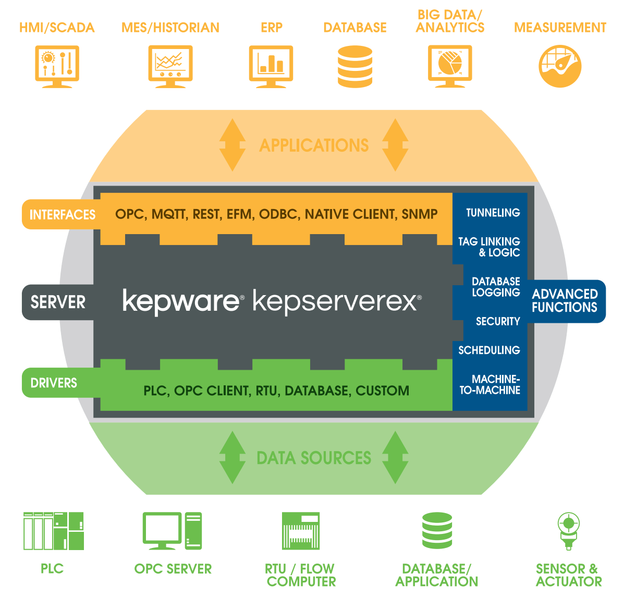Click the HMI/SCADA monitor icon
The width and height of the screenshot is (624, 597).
[57, 66]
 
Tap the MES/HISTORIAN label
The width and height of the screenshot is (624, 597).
[170, 28]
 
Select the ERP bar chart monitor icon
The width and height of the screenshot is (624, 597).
[271, 66]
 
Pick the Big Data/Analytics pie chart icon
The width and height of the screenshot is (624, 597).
[450, 66]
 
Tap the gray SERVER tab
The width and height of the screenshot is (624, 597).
[57, 302]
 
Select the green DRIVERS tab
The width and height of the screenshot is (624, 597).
[54, 383]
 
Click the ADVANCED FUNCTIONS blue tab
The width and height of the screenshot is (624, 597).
[565, 301]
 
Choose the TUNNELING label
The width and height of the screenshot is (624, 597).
[493, 213]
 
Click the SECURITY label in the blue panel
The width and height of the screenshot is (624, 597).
[498, 321]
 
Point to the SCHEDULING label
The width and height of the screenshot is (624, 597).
[489, 350]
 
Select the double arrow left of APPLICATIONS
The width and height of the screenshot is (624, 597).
[232, 145]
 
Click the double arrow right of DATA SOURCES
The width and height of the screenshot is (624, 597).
[395, 457]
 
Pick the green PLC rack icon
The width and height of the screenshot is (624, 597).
[53, 531]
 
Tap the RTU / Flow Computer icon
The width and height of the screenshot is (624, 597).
[301, 531]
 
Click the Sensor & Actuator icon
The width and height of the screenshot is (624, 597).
[568, 531]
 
